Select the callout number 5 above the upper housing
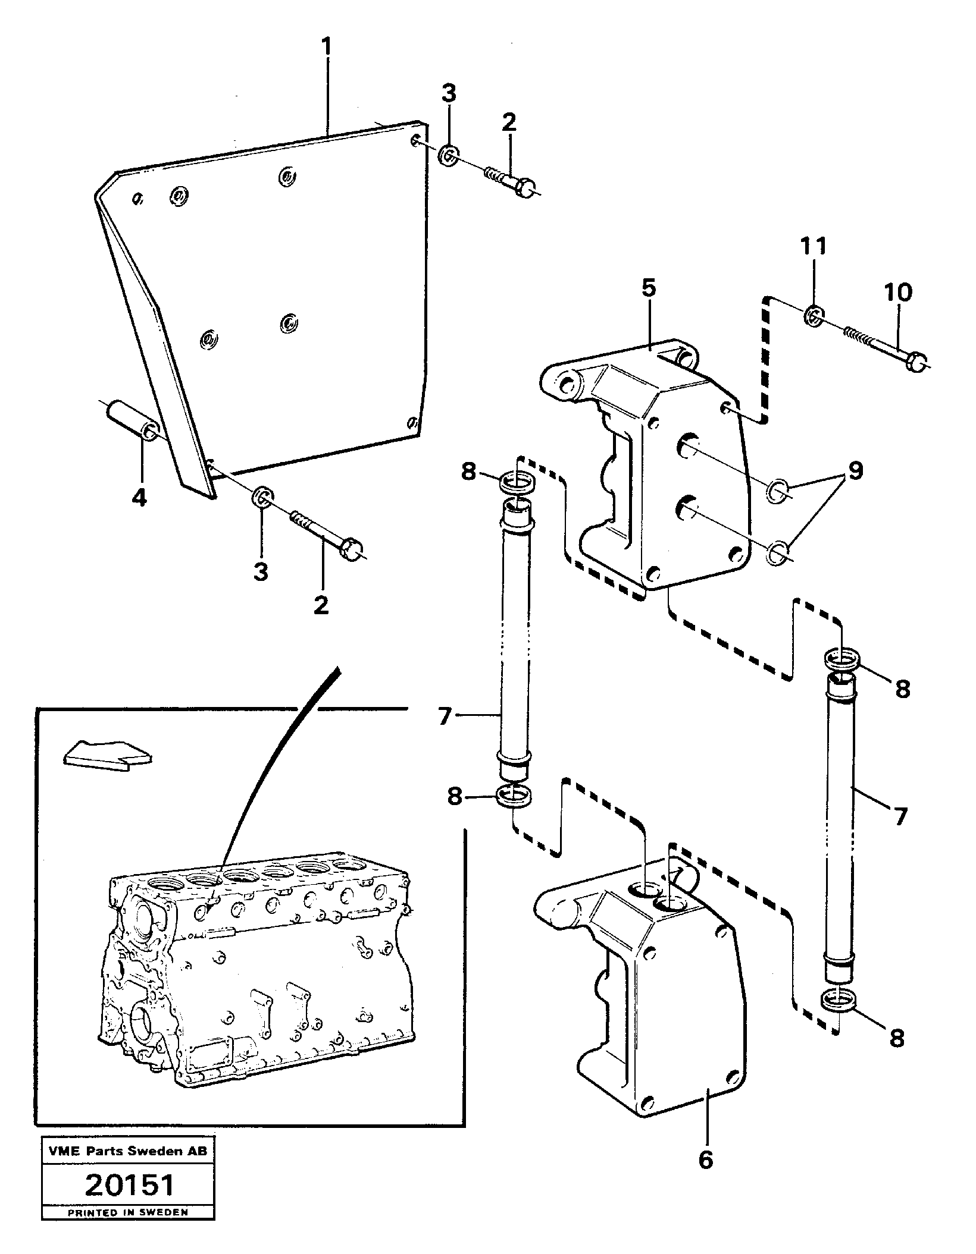pos(649,289)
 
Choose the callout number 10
pos(897,294)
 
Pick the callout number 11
pos(813,246)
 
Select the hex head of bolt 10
pos(917,362)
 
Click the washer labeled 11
pos(814,316)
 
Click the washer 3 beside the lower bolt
pos(262,496)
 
